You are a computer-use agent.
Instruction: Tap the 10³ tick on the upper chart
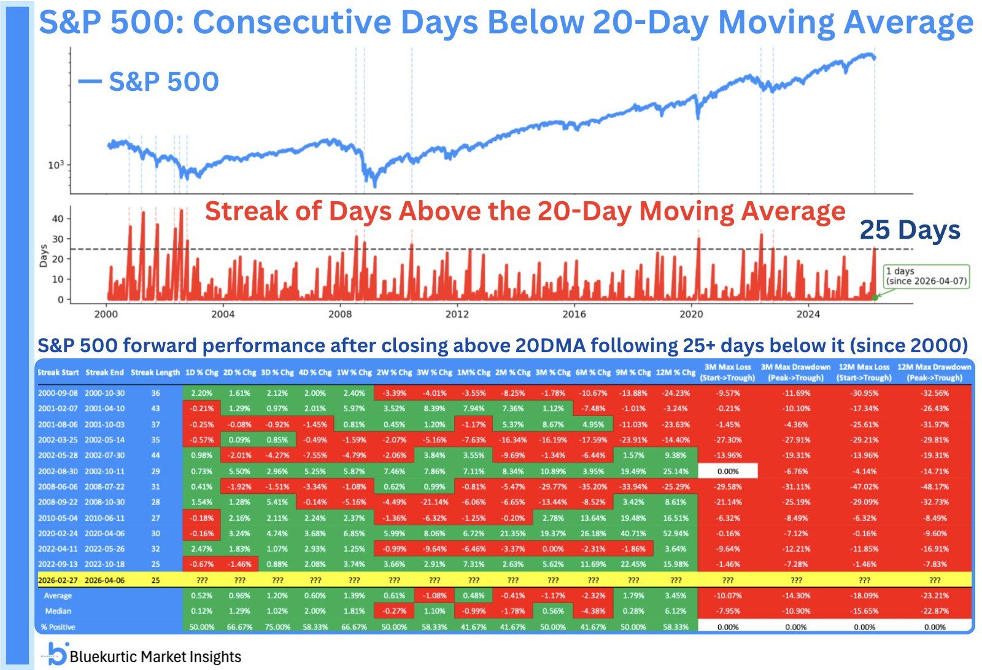point(56,165)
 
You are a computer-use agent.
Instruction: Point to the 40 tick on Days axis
point(57,219)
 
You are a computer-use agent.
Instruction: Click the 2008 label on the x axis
point(340,314)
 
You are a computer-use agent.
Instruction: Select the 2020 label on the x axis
point(691,314)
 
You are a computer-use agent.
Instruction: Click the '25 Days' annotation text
point(910,230)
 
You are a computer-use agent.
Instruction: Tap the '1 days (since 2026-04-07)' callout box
point(926,276)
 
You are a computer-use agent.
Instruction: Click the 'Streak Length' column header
point(155,372)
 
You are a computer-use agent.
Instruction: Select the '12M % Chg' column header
point(675,372)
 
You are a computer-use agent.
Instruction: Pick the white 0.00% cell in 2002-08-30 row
point(728,471)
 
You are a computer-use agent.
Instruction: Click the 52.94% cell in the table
point(676,534)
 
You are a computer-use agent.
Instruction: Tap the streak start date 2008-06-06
point(58,487)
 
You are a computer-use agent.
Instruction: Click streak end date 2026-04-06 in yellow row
point(104,580)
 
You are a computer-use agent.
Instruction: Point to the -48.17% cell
point(934,487)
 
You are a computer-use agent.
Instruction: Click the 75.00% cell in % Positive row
point(277,627)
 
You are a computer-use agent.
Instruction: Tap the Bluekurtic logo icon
point(57,654)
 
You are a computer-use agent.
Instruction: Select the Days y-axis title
point(43,255)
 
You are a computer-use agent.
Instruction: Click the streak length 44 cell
point(155,455)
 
